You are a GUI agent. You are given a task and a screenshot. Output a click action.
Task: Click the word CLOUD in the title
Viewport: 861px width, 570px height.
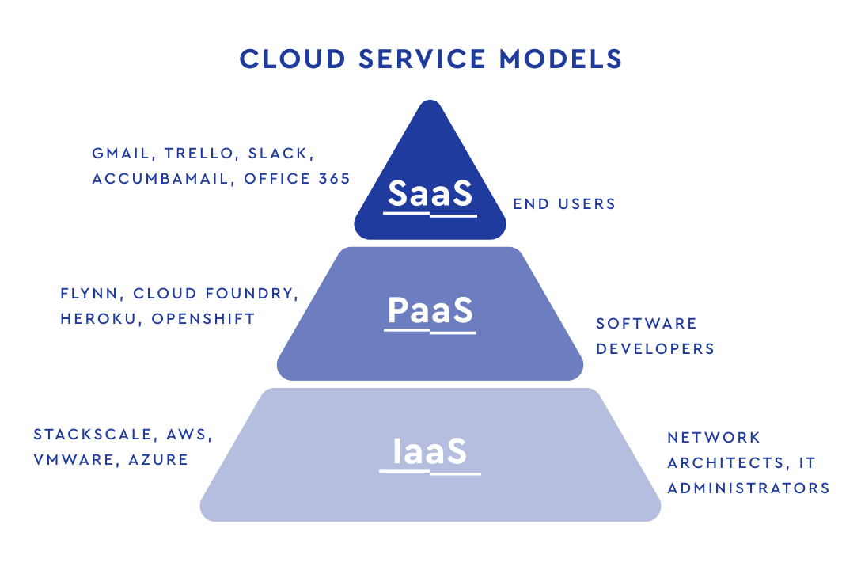pyautogui.click(x=293, y=59)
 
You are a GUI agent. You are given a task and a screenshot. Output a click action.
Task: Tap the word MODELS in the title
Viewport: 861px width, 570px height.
pyautogui.click(x=560, y=59)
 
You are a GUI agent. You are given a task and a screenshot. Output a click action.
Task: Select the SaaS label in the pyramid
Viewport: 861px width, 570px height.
pyautogui.click(x=430, y=192)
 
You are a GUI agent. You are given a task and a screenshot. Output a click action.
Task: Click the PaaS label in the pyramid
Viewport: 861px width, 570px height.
pyautogui.click(x=430, y=310)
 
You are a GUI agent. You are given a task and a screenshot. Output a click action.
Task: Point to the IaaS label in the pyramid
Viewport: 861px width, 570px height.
pyautogui.click(x=430, y=450)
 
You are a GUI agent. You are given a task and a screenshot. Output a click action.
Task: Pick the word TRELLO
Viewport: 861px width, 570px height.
pyautogui.click(x=199, y=154)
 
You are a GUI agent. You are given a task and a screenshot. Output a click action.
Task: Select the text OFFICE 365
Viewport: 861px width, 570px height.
pyautogui.click(x=297, y=179)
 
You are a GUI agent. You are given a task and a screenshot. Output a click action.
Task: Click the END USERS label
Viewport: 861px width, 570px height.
pyautogui.click(x=564, y=204)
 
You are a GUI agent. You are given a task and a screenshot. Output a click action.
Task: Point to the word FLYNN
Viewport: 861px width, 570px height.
pyautogui.click(x=89, y=294)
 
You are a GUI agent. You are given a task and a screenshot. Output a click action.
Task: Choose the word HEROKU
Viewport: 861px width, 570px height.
pyautogui.click(x=99, y=319)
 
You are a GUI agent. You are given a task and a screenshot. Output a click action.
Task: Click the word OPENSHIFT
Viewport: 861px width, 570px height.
pyautogui.click(x=203, y=319)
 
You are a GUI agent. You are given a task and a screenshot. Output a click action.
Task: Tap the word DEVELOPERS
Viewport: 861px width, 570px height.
pyautogui.click(x=655, y=348)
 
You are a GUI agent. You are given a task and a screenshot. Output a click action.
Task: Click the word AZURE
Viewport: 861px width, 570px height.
pyautogui.click(x=158, y=460)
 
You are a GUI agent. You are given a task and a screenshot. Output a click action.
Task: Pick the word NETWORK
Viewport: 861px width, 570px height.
pyautogui.click(x=714, y=438)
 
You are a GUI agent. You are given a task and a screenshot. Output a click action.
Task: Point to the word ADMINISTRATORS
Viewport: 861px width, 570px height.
pyautogui.click(x=749, y=488)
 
